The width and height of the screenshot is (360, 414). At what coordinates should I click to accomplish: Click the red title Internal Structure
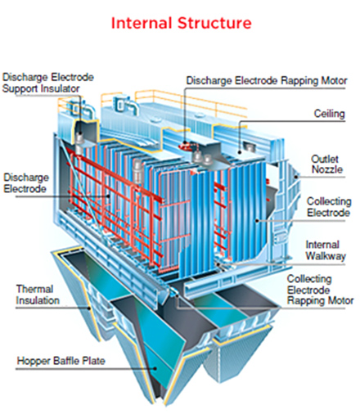click(x=181, y=23)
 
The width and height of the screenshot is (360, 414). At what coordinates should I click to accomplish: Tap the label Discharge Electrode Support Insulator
click(x=48, y=83)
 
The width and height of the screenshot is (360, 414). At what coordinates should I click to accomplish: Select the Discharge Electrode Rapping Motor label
click(x=267, y=81)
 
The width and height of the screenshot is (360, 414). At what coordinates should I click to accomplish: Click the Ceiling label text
click(x=329, y=114)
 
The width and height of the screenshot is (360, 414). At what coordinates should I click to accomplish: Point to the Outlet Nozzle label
click(x=326, y=164)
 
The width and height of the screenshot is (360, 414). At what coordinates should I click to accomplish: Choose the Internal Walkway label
click(x=326, y=250)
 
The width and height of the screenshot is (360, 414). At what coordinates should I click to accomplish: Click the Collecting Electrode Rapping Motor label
click(x=320, y=290)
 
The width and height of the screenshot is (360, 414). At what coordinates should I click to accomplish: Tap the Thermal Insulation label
click(x=38, y=295)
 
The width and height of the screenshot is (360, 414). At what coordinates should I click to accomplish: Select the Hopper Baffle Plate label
click(x=61, y=361)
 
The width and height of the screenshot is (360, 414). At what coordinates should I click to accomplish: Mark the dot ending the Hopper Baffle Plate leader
click(x=155, y=368)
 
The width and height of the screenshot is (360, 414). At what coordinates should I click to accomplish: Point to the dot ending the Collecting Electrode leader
click(x=258, y=220)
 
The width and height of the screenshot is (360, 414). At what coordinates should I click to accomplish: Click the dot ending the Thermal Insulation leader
click(x=90, y=308)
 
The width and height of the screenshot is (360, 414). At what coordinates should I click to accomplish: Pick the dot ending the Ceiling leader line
click(x=240, y=152)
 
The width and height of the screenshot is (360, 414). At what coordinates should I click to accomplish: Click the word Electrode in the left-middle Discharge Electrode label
click(x=25, y=189)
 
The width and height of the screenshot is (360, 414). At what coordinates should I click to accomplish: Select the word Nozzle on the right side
click(x=327, y=169)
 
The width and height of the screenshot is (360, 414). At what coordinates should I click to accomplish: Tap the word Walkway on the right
click(x=326, y=256)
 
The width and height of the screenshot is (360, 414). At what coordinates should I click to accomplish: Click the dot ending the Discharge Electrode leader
click(x=108, y=196)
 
